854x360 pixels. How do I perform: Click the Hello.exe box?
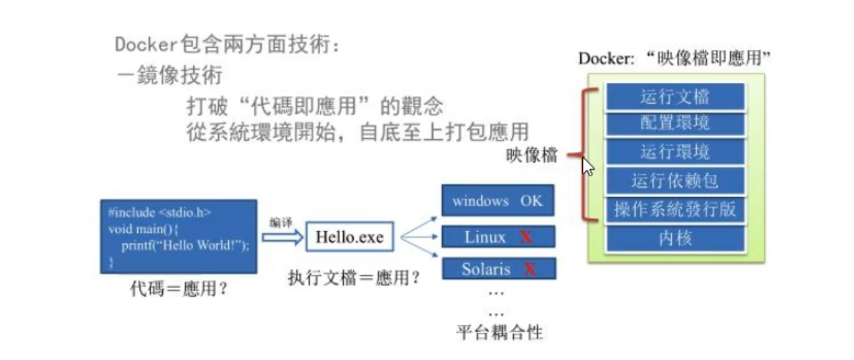point(350,237)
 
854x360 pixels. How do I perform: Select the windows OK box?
point(498,201)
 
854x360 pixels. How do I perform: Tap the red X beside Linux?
point(526,237)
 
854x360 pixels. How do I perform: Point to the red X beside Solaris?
point(529,270)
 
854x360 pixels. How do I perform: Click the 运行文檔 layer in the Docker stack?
point(675,96)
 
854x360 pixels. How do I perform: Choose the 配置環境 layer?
point(675,123)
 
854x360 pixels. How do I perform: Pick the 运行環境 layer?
point(675,152)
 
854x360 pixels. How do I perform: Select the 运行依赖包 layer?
point(675,181)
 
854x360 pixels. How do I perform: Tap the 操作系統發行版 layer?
point(675,209)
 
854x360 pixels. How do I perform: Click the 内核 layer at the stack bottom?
point(675,238)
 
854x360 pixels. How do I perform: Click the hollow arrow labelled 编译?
point(281,237)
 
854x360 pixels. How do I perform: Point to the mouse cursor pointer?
point(587,167)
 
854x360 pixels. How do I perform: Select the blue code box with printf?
point(178,236)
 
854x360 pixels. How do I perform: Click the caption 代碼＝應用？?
point(178,289)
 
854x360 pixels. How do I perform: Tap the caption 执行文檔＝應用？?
point(354,278)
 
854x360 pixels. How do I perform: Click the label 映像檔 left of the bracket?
point(531,155)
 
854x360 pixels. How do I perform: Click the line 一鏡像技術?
point(170,75)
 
